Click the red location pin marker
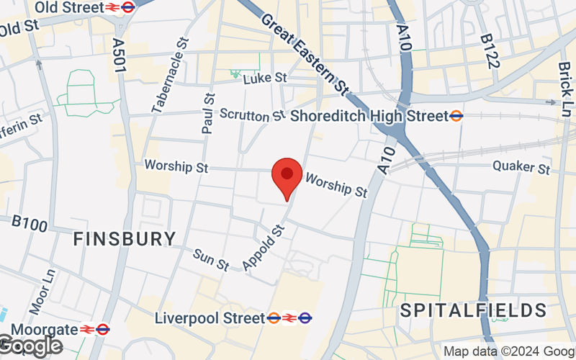point(287,177)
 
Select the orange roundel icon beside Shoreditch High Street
point(456,115)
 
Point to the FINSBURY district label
point(125,239)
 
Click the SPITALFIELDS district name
point(473,311)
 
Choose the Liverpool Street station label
point(210,317)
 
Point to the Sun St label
point(211,259)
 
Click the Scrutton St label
point(253,115)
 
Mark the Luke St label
point(265,78)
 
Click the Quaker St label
point(521,168)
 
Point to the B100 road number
point(30,222)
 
